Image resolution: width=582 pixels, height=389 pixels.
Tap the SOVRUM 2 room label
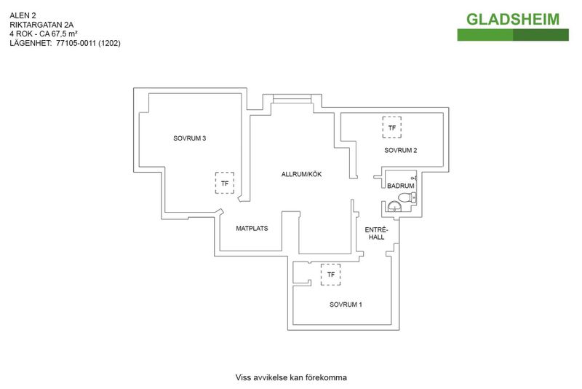point(401,151)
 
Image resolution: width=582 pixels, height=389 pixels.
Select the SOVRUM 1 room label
point(346,304)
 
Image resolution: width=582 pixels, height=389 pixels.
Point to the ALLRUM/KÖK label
point(301,174)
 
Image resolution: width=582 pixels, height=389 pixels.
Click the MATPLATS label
point(252,228)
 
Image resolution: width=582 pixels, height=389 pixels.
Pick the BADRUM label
point(401,186)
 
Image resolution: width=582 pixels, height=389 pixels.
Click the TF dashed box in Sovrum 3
point(225,183)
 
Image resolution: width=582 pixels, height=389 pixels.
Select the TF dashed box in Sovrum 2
point(392,127)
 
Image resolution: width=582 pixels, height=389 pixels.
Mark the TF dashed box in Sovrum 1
point(331,275)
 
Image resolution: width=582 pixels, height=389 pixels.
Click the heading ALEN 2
point(23,15)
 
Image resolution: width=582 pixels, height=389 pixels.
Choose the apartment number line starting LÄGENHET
point(65,43)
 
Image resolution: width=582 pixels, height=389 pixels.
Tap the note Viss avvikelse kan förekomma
point(291,377)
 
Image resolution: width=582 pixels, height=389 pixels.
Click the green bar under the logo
point(513,35)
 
